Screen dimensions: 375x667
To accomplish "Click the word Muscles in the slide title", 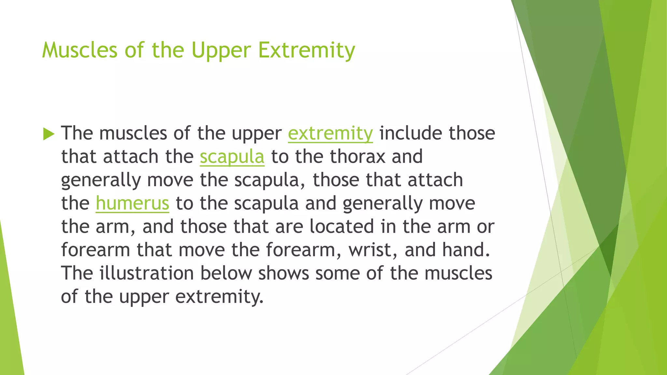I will click(80, 50).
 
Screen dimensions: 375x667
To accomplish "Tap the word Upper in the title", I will click(221, 51).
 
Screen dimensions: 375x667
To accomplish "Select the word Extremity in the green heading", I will click(306, 51).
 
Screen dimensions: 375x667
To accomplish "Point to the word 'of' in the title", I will click(134, 50).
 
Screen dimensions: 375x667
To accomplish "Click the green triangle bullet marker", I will click(49, 134).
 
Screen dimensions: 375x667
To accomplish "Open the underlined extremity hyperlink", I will click(330, 133).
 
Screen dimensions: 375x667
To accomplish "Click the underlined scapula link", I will click(232, 157).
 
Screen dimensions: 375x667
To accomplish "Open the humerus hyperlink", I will click(132, 203).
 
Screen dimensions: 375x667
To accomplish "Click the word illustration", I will click(147, 273).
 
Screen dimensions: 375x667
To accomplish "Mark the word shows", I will click(283, 273).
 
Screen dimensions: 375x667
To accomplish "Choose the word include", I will click(410, 133).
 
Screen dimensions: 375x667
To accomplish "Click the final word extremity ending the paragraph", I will click(219, 297).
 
